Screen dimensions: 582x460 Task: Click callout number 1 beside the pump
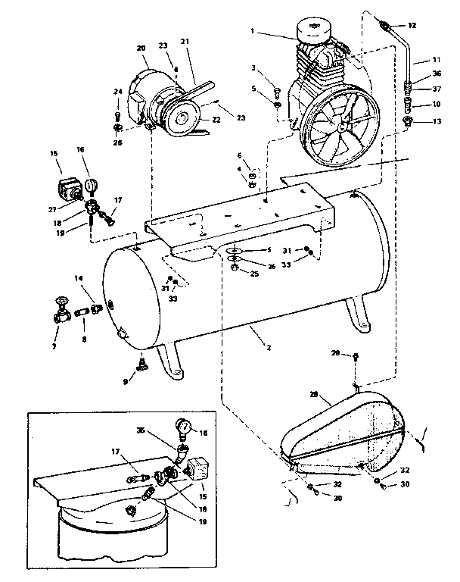point(254,33)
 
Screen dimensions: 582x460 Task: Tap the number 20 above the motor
point(141,48)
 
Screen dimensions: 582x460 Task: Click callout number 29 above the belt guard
point(334,354)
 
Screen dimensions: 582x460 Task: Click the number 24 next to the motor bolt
point(117,92)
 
